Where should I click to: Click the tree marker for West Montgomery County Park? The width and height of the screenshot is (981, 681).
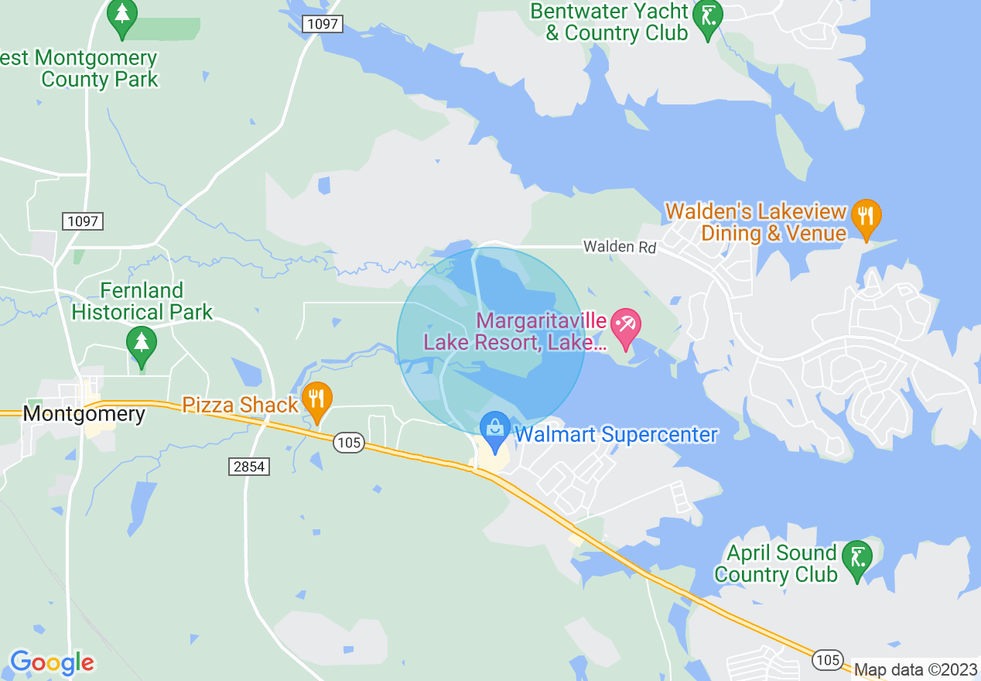point(121,18)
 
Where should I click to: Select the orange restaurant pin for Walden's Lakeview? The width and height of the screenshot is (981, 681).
point(866,217)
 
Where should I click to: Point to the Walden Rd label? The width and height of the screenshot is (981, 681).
point(620,247)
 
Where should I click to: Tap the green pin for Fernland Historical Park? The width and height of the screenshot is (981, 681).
point(141,344)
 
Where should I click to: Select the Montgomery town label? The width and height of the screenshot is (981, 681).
point(84,414)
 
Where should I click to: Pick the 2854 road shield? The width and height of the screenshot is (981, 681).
point(250,466)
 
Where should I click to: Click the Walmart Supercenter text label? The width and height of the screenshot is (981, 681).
point(616,435)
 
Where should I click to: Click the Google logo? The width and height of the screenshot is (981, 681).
point(52,662)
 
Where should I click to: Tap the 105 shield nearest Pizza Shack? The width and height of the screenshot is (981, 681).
point(349,443)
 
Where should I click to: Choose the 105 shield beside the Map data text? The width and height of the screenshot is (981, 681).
point(828,659)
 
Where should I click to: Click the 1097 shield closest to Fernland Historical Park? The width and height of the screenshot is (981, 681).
point(83,221)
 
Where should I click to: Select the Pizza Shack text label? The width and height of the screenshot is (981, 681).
point(240,405)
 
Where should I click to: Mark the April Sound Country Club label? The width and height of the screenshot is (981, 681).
point(776,563)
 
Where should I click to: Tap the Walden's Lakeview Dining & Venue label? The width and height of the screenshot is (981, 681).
point(757,222)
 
